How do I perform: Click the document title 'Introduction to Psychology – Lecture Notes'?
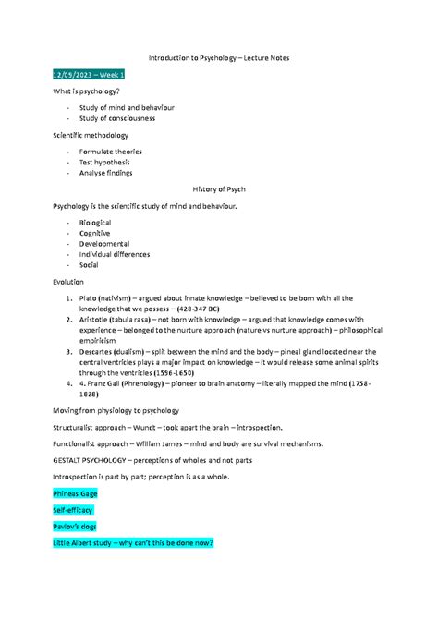pos(218,57)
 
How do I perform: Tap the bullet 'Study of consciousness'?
pos(116,118)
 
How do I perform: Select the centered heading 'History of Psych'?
pos(218,188)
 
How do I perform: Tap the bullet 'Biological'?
pos(95,223)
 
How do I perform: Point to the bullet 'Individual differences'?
pos(115,254)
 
